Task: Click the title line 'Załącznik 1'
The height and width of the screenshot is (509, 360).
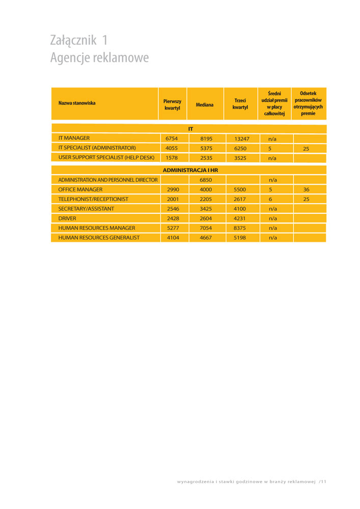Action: (x=79, y=40)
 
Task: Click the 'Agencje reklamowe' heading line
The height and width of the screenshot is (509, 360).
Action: (x=99, y=58)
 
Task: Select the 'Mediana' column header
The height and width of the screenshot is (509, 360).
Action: (x=205, y=104)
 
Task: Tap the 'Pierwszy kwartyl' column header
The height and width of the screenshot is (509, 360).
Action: (x=172, y=104)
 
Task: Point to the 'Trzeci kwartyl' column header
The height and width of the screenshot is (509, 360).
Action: (x=240, y=104)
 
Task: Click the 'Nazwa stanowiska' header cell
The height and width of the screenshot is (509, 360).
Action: (x=77, y=103)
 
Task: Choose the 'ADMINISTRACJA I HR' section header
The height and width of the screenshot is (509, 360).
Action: (x=190, y=169)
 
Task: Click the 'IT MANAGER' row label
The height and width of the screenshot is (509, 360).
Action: (x=74, y=138)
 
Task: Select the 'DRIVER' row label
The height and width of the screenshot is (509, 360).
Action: (x=67, y=218)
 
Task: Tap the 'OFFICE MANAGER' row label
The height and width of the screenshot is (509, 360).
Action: (x=80, y=189)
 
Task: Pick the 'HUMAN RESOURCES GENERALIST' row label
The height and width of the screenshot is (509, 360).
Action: (x=99, y=238)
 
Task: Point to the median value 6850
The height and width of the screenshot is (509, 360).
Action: (x=206, y=180)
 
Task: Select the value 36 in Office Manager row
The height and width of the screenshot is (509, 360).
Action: (x=306, y=189)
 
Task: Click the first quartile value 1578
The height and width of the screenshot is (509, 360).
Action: (x=172, y=158)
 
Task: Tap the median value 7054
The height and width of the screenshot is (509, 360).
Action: (x=206, y=228)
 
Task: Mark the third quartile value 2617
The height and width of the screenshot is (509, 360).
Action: (x=239, y=199)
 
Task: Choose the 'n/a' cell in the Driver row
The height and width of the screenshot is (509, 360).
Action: (x=272, y=218)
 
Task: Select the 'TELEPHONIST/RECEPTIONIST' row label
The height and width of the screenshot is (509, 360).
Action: (x=93, y=199)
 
